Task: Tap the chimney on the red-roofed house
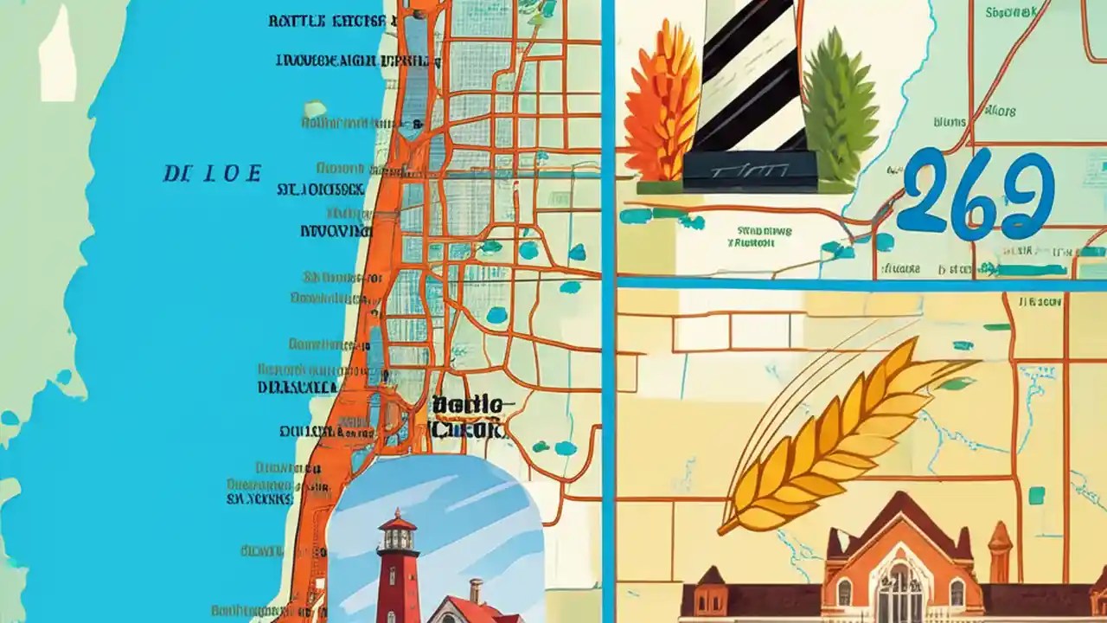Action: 476,591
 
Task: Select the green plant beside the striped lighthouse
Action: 840,104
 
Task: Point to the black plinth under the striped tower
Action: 749,170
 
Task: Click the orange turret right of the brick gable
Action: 1000,545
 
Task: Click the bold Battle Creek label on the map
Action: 468,415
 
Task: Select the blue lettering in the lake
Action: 212,173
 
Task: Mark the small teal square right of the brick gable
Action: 1037,495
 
